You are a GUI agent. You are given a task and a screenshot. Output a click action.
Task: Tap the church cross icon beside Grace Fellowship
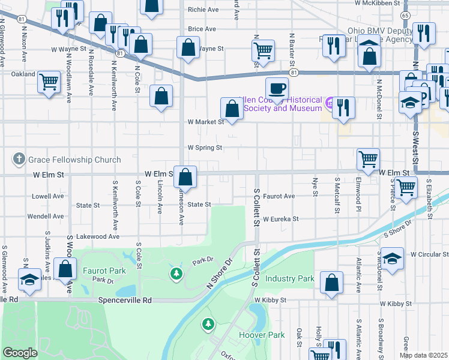(19, 160)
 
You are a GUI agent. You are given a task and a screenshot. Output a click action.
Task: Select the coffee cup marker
(276, 89)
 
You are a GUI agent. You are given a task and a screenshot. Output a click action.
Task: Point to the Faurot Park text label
(104, 271)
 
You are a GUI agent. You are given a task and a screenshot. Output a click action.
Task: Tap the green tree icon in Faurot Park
(176, 274)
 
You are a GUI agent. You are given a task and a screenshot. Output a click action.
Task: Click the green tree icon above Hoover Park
(208, 325)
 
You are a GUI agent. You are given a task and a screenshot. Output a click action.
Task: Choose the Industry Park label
(290, 279)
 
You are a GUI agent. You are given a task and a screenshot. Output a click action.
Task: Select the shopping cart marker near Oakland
(49, 81)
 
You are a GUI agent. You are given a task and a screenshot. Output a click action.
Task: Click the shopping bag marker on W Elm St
(186, 177)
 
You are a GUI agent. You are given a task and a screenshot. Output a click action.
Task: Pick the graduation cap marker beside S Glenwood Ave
(29, 280)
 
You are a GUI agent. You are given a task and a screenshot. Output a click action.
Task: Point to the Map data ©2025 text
(423, 355)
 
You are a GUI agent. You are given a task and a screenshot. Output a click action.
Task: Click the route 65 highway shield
(406, 15)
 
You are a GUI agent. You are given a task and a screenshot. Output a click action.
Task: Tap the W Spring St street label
(205, 147)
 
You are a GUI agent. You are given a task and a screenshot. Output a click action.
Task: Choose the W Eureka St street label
(280, 220)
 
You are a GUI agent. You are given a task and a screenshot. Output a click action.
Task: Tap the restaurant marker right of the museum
(343, 107)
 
